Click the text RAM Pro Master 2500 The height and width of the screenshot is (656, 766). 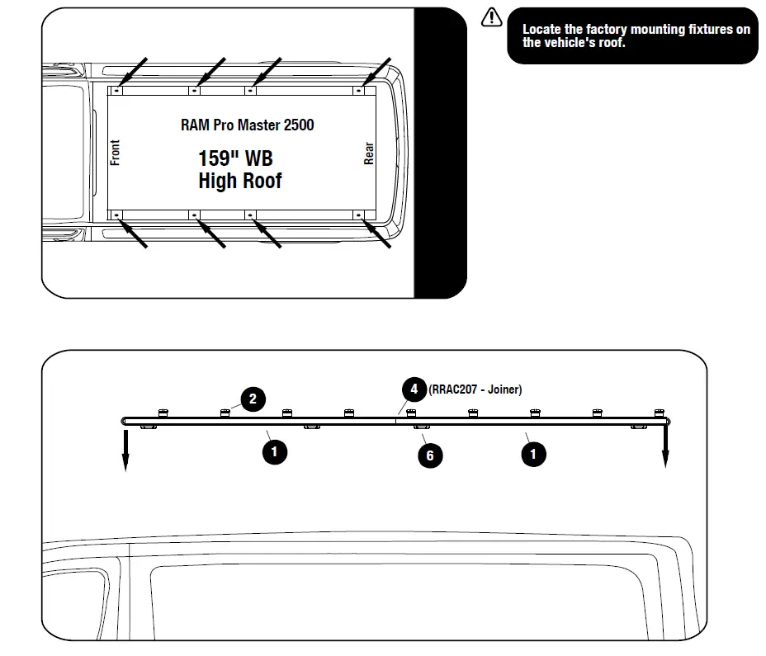(247, 125)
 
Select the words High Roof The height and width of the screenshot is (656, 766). (239, 181)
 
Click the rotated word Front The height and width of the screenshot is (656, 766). (116, 153)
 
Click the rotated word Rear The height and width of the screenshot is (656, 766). (369, 153)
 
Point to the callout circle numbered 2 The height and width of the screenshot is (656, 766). (253, 400)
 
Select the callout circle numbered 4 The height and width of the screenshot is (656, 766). (414, 389)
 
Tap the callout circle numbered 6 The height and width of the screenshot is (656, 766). (430, 455)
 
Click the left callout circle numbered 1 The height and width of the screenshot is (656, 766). (274, 452)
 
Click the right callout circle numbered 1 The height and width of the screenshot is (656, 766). (533, 453)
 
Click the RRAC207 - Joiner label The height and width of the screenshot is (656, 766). (475, 389)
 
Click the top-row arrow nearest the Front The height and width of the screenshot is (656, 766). (134, 72)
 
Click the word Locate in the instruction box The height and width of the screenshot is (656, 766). (541, 30)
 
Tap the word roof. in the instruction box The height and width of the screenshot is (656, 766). (611, 42)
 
